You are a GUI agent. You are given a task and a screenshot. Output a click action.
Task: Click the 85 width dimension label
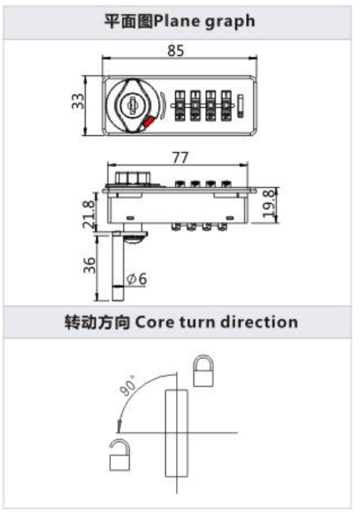click(176, 50)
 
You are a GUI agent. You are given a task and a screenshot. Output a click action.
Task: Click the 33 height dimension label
click(79, 101)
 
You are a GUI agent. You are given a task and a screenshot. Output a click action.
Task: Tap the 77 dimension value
click(180, 158)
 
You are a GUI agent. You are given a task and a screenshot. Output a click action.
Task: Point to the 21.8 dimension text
click(89, 215)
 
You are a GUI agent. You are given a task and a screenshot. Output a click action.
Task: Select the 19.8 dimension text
click(269, 204)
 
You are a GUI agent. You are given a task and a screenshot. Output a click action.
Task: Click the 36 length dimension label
click(89, 265)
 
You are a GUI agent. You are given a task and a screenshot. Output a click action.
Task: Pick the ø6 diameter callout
click(137, 279)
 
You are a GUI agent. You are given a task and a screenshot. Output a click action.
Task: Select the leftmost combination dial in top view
click(179, 105)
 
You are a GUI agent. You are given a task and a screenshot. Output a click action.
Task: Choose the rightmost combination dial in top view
click(226, 105)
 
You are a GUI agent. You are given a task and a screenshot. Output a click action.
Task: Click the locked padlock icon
click(203, 370)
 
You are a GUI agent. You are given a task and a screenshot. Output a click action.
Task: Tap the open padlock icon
click(119, 455)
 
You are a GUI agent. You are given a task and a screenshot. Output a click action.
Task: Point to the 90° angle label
click(127, 385)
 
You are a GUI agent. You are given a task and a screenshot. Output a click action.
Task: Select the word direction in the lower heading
click(259, 322)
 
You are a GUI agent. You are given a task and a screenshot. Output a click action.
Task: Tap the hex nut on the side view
click(133, 178)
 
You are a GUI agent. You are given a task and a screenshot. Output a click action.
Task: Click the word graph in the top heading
click(230, 22)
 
